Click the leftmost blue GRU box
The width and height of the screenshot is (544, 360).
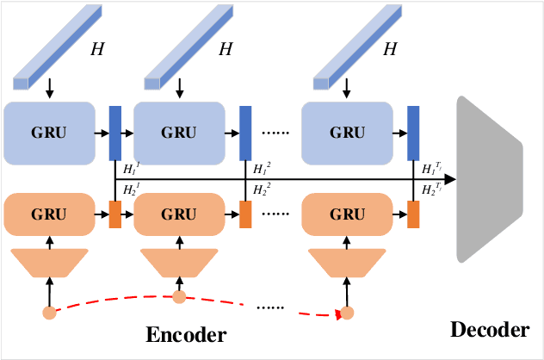coord(49,133)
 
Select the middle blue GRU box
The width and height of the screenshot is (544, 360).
coord(179,133)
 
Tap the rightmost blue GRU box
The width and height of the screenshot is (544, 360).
coord(347,133)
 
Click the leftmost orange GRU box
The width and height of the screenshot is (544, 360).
coord(49,214)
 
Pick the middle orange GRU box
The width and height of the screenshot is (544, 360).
coord(179,214)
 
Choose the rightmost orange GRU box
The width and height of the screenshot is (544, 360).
coord(347,214)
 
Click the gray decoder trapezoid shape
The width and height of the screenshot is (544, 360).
coord(488,178)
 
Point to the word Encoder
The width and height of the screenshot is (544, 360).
coord(186,335)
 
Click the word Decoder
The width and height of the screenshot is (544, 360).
coord(489,330)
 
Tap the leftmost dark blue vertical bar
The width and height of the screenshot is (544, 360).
coord(115,133)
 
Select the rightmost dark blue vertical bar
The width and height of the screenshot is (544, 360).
coord(413,133)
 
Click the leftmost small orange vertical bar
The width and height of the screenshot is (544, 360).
coord(115,214)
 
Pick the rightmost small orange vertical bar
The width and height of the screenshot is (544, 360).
coord(413,214)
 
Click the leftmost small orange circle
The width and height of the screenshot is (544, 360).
coord(49,312)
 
